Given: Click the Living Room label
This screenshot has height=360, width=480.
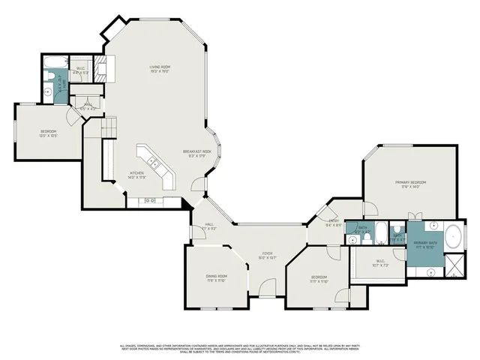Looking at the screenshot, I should coord(158,70).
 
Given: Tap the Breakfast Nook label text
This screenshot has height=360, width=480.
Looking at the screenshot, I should coord(196,154).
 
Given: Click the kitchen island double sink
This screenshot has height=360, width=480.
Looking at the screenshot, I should coord(151,161).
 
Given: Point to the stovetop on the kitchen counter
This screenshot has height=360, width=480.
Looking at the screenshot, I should coord(148,201).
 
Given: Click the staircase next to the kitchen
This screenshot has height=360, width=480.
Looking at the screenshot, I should coord(109,127).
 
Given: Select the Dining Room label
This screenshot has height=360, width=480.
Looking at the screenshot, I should coord(217,279).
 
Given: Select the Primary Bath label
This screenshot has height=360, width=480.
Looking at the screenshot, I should coord(424,244).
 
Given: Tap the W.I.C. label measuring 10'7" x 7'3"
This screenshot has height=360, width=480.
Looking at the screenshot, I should coord(380,264).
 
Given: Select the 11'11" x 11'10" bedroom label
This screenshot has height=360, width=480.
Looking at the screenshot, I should coord(319,279).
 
